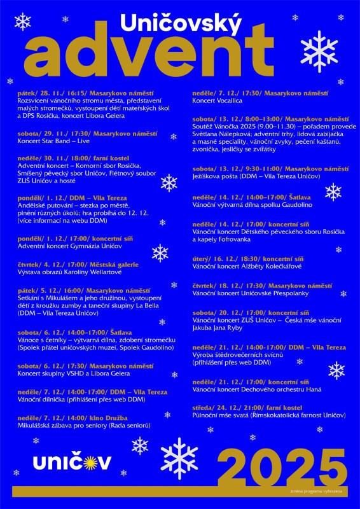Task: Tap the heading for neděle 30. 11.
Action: [x=74, y=157]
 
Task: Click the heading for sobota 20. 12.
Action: [x=251, y=312]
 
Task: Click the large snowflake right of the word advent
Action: [x=319, y=51]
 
